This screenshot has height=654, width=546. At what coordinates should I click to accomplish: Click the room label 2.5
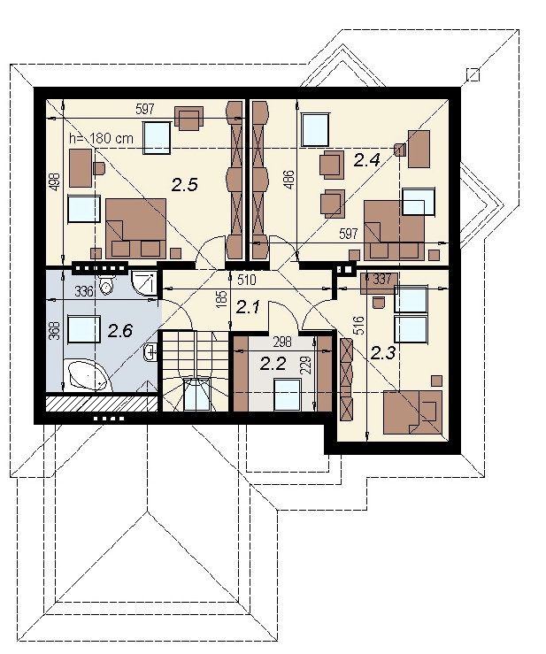click(x=184, y=185)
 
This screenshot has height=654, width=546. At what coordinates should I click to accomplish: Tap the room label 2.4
click(x=367, y=160)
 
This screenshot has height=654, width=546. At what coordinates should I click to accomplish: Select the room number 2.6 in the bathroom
click(x=120, y=331)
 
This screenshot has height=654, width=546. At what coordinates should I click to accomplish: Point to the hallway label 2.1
click(x=248, y=308)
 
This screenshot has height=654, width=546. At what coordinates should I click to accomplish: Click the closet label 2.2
click(x=273, y=364)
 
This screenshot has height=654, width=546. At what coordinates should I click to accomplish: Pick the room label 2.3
click(x=383, y=354)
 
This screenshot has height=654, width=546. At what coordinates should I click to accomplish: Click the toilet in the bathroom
click(x=106, y=284)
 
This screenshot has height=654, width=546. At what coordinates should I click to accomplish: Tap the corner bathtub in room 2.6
click(x=90, y=375)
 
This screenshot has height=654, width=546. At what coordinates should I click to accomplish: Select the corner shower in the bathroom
click(x=144, y=283)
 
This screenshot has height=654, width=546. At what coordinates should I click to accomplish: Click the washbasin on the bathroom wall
click(x=150, y=352)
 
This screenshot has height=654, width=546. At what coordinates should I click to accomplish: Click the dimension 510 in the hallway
click(x=247, y=280)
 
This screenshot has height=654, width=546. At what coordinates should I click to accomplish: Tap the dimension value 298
click(x=282, y=342)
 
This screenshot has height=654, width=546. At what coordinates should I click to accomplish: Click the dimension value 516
click(x=358, y=326)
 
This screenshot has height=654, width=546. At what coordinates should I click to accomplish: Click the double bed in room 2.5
click(x=136, y=228)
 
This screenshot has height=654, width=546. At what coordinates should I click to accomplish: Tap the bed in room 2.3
click(x=412, y=412)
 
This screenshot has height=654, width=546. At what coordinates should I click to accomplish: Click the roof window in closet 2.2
click(x=288, y=395)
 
